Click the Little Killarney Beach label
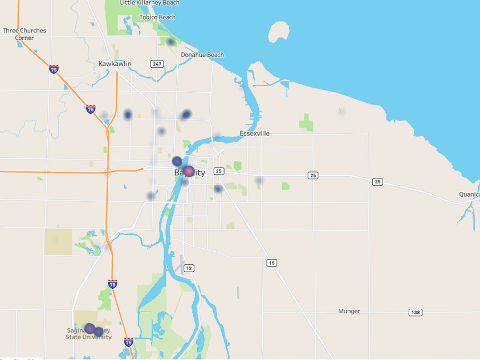pos(150,3)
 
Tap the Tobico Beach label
pos(157,18)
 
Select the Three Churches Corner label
pos(25,34)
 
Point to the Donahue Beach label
pos(202,55)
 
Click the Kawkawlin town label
pos(115,64)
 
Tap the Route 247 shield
pos(157,64)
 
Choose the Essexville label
pos(254,134)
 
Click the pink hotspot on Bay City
pos(189,171)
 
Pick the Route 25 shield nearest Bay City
pos(219,171)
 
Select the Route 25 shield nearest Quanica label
pos(377,182)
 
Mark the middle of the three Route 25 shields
pos(313,175)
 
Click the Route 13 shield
pos(189,268)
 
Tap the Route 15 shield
pos(271,263)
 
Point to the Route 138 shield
pos(415,313)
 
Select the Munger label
pos(349,312)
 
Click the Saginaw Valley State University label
pos(88,334)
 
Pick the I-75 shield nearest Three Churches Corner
pos(54,69)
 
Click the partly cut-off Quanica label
pos(469,195)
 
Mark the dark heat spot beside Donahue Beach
pos(170,42)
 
